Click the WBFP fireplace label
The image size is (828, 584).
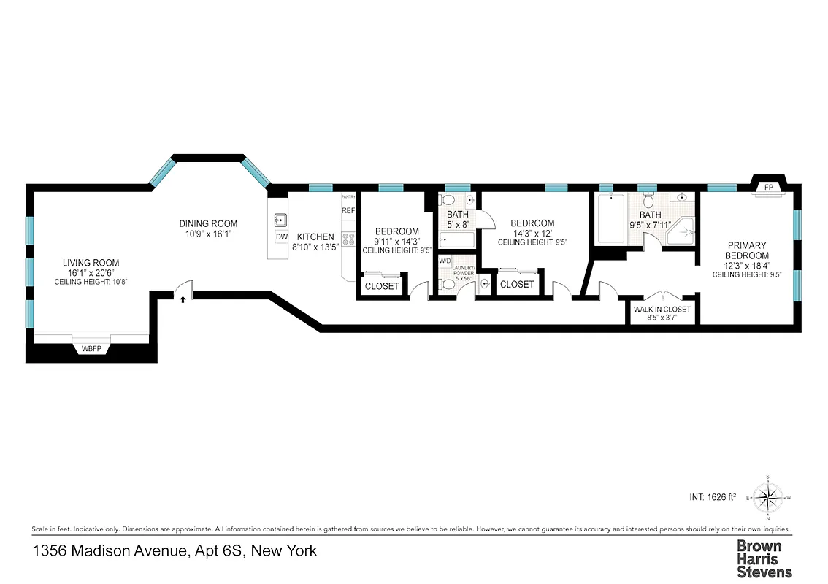91,349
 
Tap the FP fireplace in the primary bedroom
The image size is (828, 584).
768,187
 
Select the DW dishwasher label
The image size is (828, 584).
281,237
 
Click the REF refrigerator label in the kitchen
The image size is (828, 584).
348,211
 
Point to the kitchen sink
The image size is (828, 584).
280,219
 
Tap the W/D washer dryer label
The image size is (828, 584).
445,260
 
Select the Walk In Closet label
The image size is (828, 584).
662,310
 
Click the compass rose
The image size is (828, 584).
768,498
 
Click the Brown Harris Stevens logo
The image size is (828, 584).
763,558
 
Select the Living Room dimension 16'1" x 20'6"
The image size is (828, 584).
91,272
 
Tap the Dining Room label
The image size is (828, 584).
208,223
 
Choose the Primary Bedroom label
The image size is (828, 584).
746,250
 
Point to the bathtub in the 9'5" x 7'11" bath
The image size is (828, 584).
610,219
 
